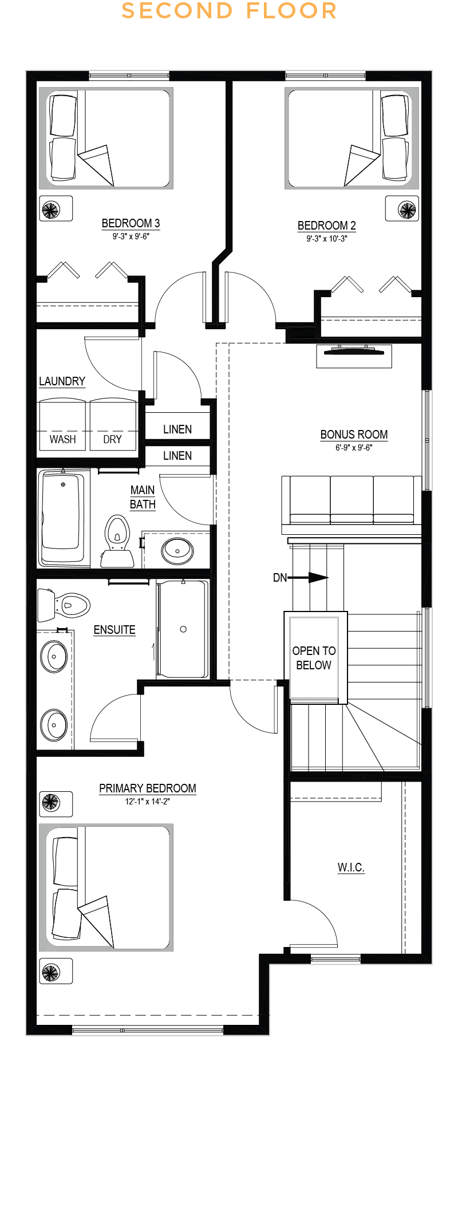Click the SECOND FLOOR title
(x=229, y=11)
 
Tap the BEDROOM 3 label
(x=131, y=223)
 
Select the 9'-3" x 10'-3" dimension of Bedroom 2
(x=327, y=239)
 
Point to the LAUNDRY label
(x=62, y=381)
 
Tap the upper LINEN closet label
(x=177, y=429)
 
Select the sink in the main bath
(x=177, y=551)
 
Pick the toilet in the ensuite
(x=64, y=605)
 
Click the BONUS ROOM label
(x=354, y=435)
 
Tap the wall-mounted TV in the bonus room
(x=354, y=355)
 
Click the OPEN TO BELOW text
(x=314, y=658)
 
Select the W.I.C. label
(x=351, y=867)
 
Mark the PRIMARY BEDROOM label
(x=148, y=788)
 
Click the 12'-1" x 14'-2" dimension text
(x=148, y=802)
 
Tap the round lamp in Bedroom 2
(x=408, y=210)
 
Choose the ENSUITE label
(x=114, y=630)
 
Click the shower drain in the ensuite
(x=183, y=629)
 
